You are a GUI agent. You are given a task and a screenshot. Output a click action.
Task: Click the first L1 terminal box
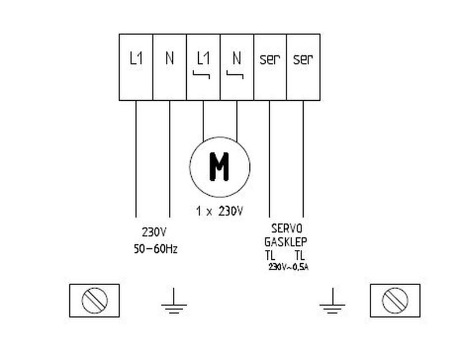pos(136,66)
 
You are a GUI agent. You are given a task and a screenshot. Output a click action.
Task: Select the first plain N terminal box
pos(169,66)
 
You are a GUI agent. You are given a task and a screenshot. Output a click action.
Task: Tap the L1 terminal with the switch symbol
pos(203,66)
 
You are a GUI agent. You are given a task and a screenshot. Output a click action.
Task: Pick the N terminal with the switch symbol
pos(237,66)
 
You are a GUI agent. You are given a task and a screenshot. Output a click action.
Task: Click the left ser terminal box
pos(270,66)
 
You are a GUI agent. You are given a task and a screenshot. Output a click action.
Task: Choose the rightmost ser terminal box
pos(303,66)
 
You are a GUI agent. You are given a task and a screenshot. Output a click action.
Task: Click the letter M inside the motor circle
pos(219,167)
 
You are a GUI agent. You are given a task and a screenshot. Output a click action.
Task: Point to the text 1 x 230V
pos(220,211)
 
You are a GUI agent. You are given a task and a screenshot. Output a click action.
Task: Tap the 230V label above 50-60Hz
pos(154,233)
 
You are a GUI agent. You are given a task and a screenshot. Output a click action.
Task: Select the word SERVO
pos(286,229)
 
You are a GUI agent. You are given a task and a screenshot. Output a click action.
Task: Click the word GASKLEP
pos(286,242)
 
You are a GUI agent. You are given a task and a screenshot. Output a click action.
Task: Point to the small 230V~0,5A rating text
pos(288,267)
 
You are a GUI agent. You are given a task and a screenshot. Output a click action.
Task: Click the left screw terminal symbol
pos(94,300)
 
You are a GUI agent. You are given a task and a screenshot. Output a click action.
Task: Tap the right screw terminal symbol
pos(395,300)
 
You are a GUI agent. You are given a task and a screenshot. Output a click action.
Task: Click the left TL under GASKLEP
pos(270,255)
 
